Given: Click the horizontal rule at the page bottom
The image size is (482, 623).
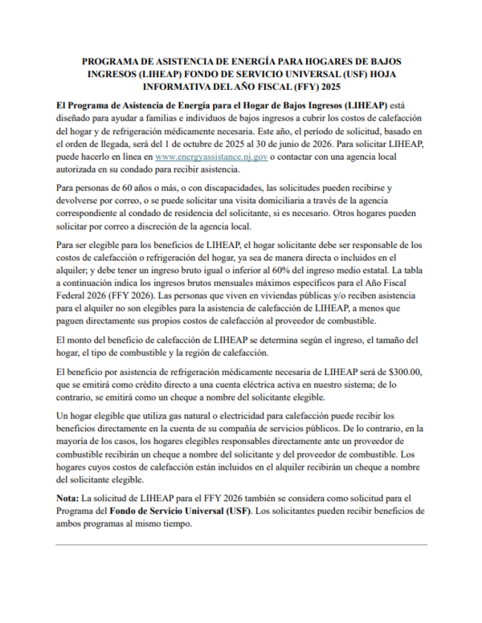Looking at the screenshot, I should (x=241, y=545).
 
